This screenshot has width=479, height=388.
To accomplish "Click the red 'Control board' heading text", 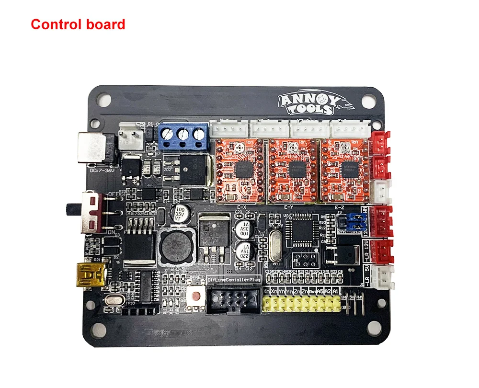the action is click(78, 24).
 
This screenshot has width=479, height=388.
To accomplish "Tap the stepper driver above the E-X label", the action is click(239, 170).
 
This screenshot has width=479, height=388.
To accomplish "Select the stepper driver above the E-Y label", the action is click(292, 170).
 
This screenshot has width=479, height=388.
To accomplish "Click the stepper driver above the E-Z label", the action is click(343, 170).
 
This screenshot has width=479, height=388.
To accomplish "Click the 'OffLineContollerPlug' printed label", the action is click(234, 279).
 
